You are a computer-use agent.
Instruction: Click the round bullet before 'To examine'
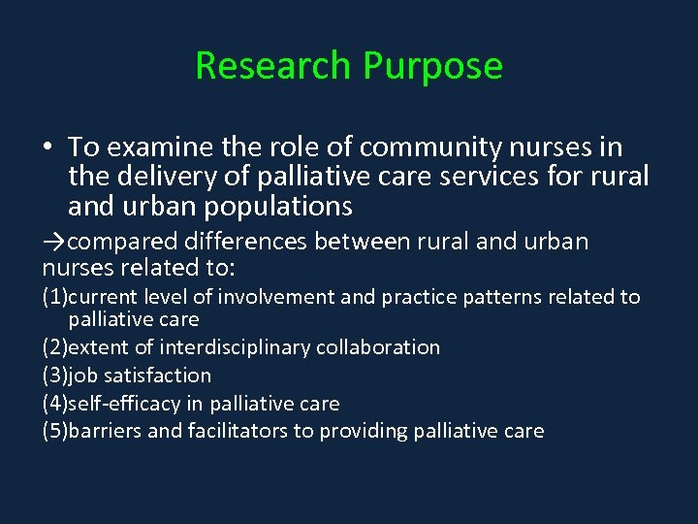tap(48, 148)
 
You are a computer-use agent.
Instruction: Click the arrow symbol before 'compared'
tap(54, 242)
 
